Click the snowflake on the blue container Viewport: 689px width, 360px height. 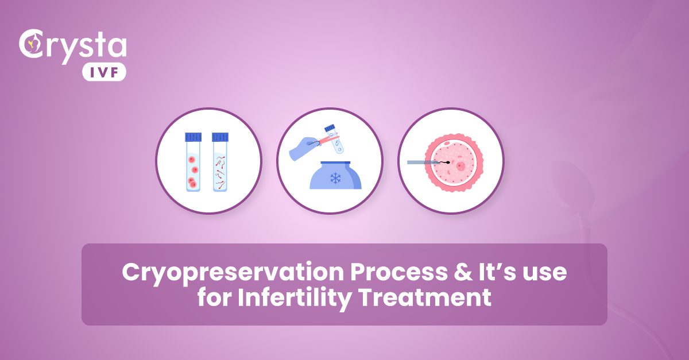[335, 178]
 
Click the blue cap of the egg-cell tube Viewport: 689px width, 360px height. [193, 137]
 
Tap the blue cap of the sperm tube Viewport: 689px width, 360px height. [220, 137]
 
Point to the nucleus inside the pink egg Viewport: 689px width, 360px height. [460, 166]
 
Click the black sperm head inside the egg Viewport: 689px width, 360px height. [447, 163]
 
